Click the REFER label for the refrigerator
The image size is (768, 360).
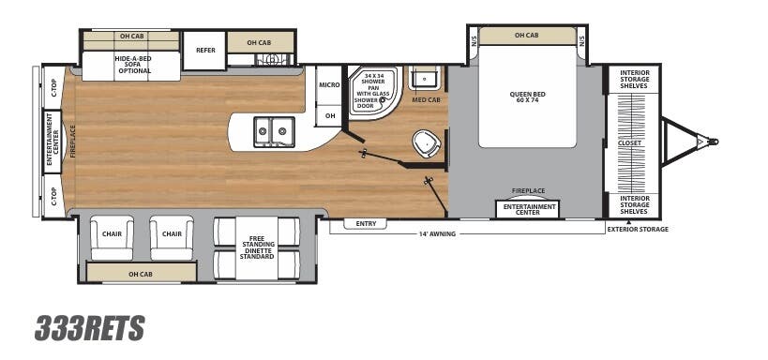point(204,50)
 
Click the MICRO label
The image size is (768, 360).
point(329,85)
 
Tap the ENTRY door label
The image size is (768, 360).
point(364,223)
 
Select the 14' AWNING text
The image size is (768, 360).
point(436,233)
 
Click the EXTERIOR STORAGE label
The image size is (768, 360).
point(637,229)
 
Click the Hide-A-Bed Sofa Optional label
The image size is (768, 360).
point(133,64)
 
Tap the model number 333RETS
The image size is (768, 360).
point(90,328)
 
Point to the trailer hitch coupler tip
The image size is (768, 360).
point(714,142)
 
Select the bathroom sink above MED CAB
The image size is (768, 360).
point(425,78)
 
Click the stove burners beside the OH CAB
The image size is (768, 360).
point(271,59)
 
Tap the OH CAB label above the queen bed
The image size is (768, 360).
point(526,36)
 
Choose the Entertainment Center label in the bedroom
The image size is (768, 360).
point(530,209)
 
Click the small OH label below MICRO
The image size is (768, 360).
point(329,115)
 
